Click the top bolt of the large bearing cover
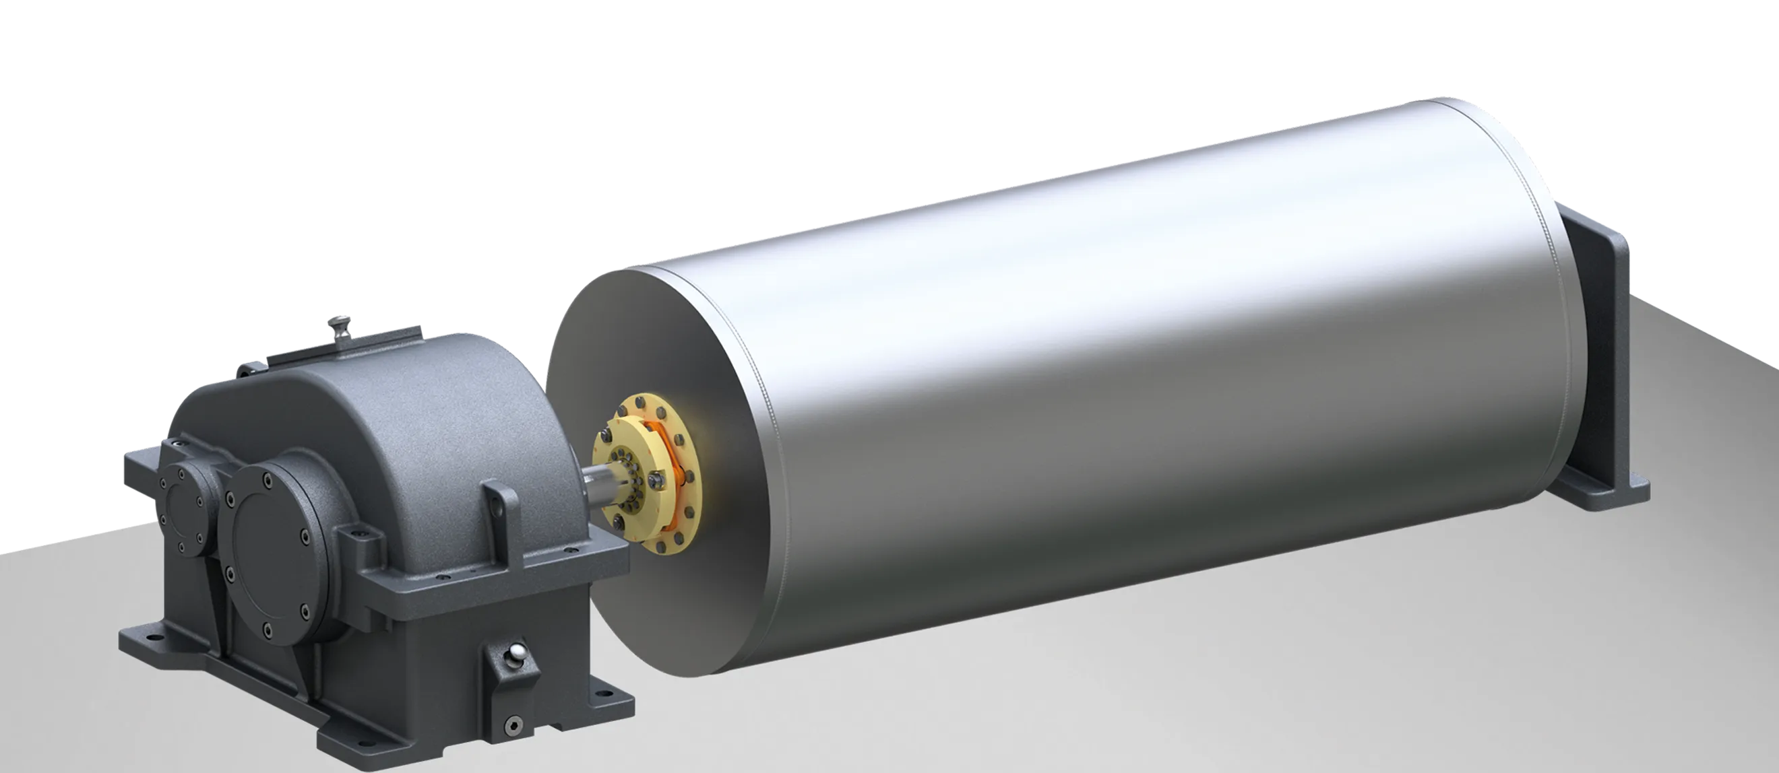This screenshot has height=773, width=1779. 265,475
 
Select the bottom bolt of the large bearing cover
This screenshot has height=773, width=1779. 268,629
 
